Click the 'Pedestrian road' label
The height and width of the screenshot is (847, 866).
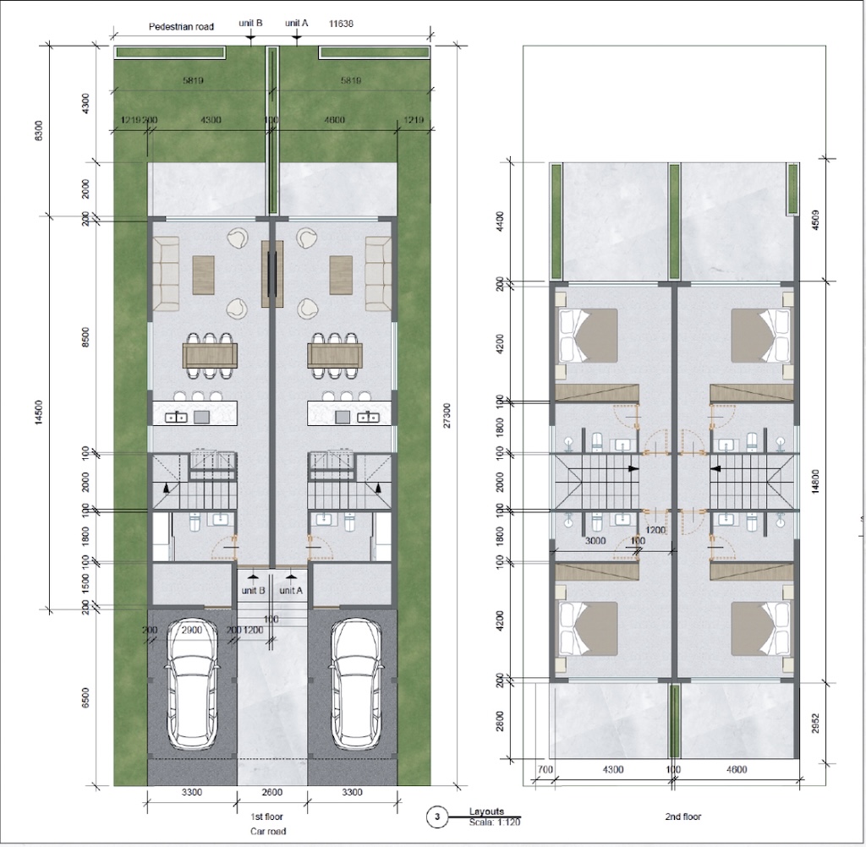[181, 26]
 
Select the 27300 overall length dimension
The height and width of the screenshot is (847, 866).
[447, 415]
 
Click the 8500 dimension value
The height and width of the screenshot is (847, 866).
[85, 336]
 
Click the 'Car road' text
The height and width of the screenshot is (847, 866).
[267, 831]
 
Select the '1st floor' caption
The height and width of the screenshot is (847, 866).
[267, 817]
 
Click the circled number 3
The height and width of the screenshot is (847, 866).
[436, 817]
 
